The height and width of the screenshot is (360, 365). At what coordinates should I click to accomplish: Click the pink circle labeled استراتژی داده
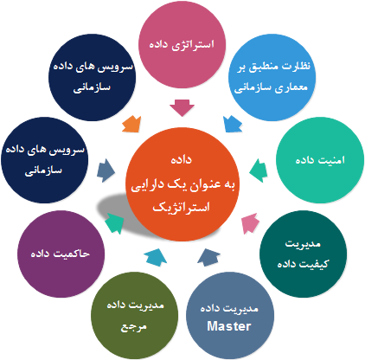(x=182, y=44)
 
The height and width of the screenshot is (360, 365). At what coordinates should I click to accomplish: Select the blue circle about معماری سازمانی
(x=272, y=77)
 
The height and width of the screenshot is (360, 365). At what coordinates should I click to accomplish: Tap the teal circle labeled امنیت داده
(x=320, y=160)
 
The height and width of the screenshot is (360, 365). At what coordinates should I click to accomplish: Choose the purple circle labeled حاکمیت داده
(x=61, y=254)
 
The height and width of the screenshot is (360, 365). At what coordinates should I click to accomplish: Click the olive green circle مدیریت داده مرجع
(x=135, y=315)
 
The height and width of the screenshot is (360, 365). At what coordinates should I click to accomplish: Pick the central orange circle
(x=182, y=184)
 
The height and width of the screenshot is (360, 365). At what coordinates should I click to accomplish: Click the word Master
(x=229, y=326)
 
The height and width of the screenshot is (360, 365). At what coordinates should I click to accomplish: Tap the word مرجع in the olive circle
(x=133, y=327)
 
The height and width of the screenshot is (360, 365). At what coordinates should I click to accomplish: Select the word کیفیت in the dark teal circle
(x=316, y=264)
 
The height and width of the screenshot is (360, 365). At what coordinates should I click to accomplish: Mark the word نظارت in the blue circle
(x=296, y=67)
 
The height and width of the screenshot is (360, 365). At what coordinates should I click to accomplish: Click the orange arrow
(x=131, y=124)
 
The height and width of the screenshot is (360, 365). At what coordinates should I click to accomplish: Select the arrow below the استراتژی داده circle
(x=182, y=108)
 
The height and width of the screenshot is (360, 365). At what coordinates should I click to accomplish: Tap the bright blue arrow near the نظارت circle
(x=233, y=124)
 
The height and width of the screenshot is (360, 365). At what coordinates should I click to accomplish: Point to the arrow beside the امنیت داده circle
(x=258, y=170)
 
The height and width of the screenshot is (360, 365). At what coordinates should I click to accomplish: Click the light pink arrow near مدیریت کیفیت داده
(x=250, y=223)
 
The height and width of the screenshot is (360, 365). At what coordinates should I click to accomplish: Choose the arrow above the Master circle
(x=208, y=257)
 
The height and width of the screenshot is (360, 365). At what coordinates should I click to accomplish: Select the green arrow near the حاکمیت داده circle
(x=114, y=222)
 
